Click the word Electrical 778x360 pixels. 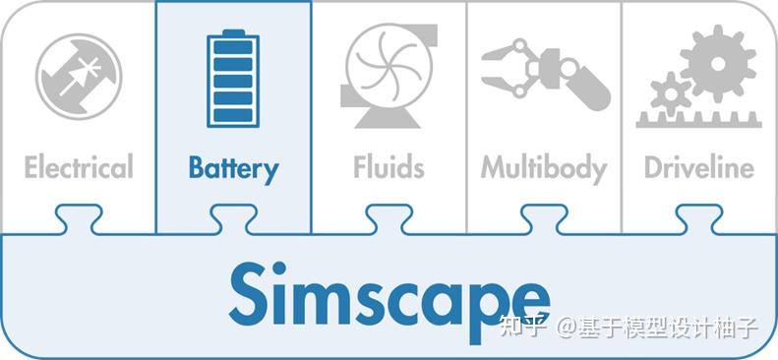click(x=79, y=167)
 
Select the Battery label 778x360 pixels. click(x=233, y=168)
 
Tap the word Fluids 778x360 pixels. click(x=389, y=167)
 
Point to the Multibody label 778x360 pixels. click(x=543, y=167)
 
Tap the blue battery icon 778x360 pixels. click(x=233, y=81)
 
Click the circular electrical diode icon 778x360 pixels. click(x=79, y=76)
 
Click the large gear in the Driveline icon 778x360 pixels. click(x=717, y=61)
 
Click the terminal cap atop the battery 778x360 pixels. click(x=233, y=32)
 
